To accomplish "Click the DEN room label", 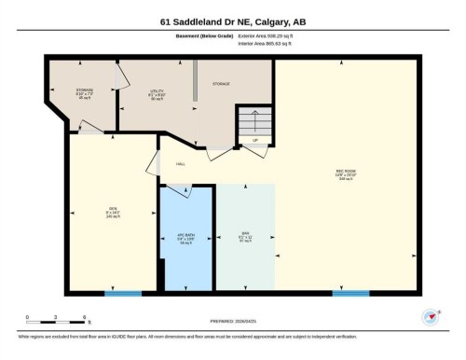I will point(112,211).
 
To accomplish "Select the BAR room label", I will point(245,235).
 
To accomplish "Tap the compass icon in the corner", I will point(430,316).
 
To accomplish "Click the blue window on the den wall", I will point(123,294).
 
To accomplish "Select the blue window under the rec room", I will point(350,294).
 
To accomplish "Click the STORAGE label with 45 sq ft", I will point(85,93).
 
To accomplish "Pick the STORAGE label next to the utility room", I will point(221,84).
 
